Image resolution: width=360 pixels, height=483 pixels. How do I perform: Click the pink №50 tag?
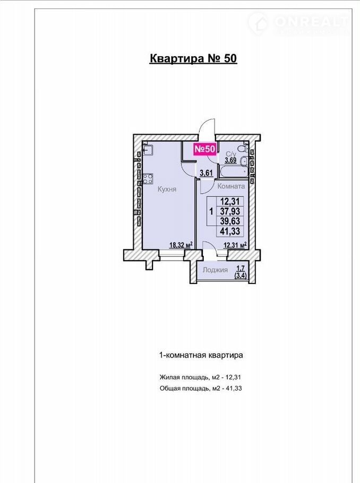coord(204,149)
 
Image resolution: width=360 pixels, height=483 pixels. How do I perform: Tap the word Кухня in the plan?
coord(167,189)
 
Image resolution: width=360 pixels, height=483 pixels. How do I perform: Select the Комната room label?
coord(231,186)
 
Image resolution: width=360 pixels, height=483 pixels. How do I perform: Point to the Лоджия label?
coord(215,270)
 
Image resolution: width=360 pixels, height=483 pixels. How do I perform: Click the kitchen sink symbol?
coord(148,150)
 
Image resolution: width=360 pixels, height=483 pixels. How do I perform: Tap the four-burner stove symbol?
coord(148,179)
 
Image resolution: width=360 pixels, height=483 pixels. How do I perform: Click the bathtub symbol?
coord(233,171)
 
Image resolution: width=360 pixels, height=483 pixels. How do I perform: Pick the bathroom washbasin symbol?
coord(244,160)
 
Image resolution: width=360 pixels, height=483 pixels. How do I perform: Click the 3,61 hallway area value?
coord(206,173)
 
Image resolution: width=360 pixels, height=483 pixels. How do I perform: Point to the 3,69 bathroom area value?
coord(230,160)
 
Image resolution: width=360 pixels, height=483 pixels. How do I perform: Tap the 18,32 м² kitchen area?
coord(181,245)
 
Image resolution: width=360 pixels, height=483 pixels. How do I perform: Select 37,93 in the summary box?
coord(230,211)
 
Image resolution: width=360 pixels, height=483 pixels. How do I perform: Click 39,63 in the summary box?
coord(230,221)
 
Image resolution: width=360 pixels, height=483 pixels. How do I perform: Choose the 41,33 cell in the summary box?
coord(230,231)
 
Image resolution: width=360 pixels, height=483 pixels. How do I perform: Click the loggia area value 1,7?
coord(241,269)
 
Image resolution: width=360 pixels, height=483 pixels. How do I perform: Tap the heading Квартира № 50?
coord(193,58)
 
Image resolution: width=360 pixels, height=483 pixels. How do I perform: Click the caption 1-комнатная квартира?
coord(201,355)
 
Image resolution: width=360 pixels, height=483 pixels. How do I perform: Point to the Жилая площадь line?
coord(200,377)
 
